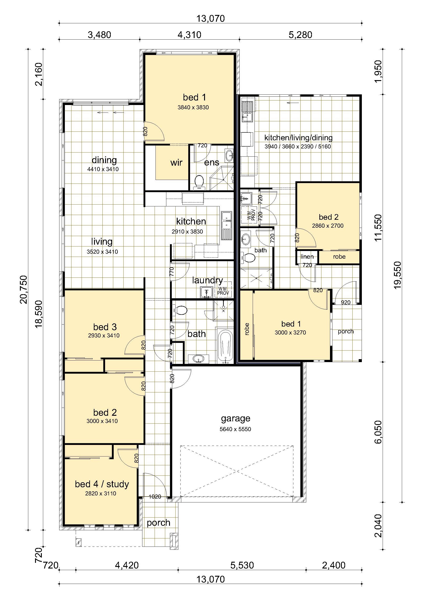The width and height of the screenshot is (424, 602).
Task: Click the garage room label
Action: (236, 419)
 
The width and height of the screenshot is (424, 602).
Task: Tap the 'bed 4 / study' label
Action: (102, 484)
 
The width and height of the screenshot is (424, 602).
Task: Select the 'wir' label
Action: (176, 162)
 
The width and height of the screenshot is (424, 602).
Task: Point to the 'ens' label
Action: (212, 162)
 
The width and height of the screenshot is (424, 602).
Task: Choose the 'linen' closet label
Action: (307, 256)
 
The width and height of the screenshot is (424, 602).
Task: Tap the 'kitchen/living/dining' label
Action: (298, 137)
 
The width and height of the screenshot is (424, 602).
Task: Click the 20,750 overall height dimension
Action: (24, 289)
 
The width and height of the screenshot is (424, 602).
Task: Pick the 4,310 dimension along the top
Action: (189, 35)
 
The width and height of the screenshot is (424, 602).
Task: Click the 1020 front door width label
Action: (155, 497)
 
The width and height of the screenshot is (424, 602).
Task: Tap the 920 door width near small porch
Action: (346, 302)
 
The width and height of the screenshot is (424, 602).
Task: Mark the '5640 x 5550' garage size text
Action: (235, 429)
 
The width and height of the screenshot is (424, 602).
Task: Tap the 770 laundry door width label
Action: (172, 272)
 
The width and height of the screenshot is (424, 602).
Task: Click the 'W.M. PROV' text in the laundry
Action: (223, 291)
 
